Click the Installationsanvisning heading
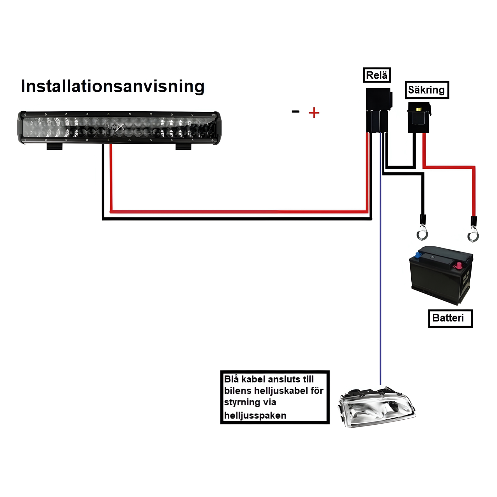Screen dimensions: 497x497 112,86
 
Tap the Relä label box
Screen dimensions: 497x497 376,75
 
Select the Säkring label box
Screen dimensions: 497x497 426,90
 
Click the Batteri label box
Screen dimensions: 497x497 450,318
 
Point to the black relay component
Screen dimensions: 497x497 378,110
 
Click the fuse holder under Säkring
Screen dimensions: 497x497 419,117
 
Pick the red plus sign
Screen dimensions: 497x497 314,113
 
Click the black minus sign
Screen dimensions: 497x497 295,112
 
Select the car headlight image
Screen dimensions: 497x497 376,407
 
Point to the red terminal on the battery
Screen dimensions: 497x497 458,265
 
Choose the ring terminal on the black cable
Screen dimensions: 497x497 422,235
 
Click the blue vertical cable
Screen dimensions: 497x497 380,280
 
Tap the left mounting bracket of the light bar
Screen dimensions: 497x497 54,147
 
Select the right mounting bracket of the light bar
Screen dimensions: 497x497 183,147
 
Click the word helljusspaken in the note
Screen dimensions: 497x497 255,415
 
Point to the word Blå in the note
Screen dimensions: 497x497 231,379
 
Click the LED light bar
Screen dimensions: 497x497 119,128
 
